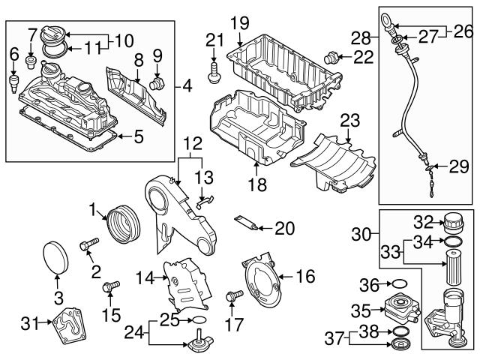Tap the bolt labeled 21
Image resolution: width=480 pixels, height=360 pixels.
coord(214,73)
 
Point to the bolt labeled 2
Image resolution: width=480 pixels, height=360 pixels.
coord(90,244)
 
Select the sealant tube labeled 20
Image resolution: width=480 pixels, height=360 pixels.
coord(247,222)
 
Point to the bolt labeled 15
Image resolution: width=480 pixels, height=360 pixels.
coord(112,286)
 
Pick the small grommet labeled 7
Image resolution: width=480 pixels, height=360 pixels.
coord(31,58)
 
